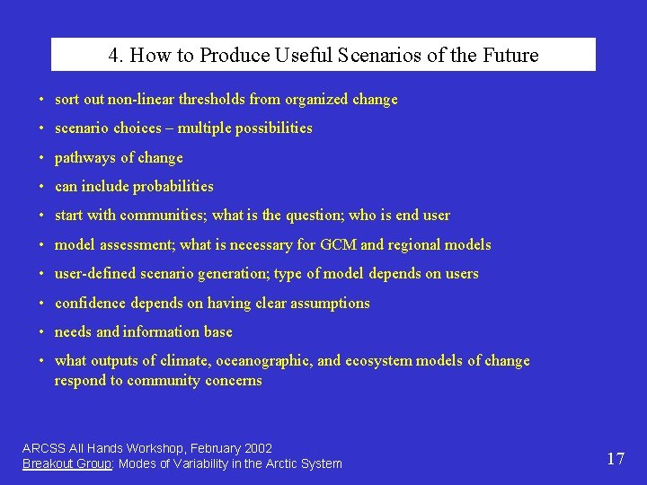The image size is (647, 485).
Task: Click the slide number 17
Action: [x=616, y=459]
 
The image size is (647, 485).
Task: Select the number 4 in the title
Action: [x=113, y=55]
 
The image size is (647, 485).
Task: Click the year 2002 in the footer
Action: [x=257, y=447]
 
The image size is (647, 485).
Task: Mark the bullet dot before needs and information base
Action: [x=42, y=332]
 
